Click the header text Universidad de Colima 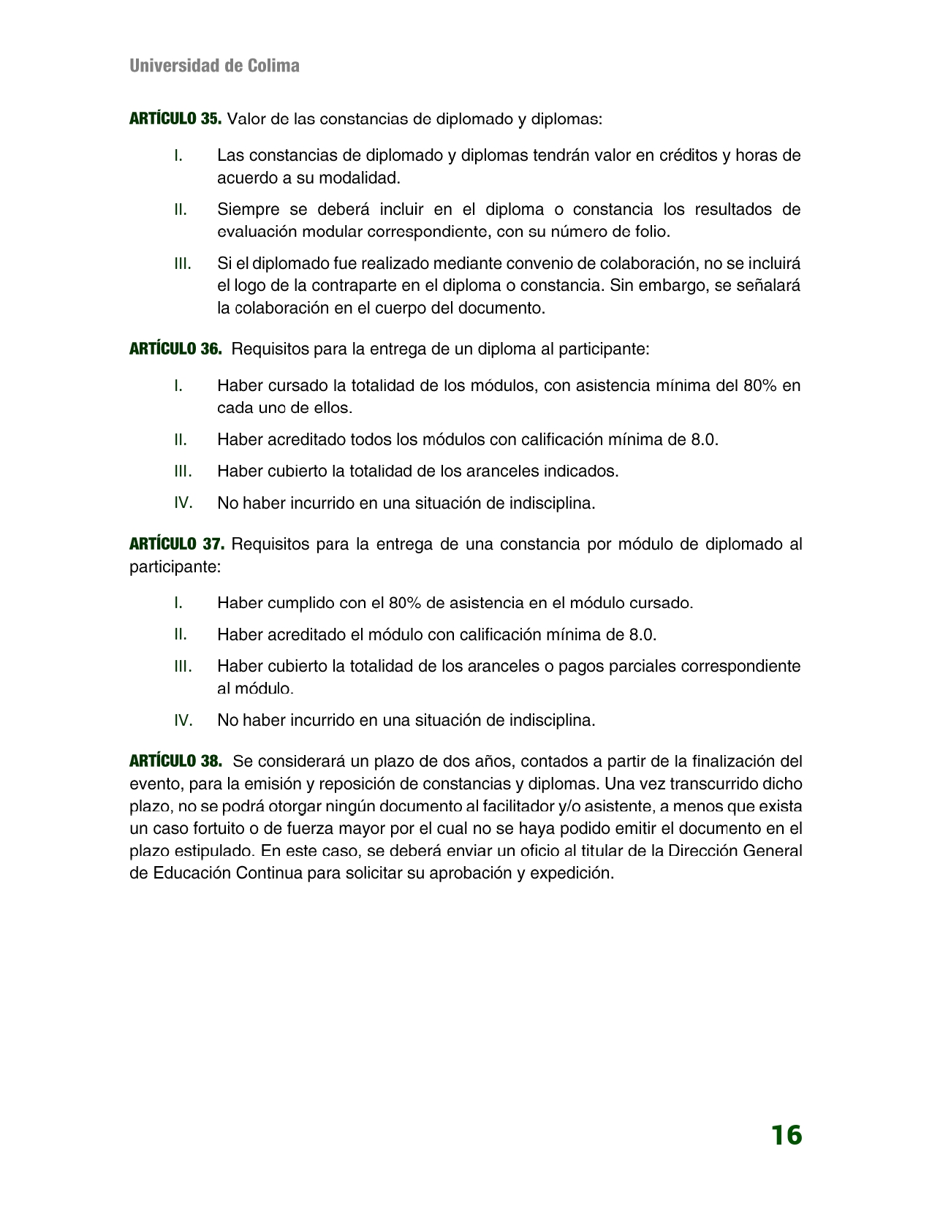214,66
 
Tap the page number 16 786,1135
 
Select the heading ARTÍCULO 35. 175,119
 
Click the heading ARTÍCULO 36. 175,349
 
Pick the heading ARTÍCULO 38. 175,762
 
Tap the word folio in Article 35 650,232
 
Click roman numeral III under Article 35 183,264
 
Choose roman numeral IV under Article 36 183,503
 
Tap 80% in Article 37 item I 405,603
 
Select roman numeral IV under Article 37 183,721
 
